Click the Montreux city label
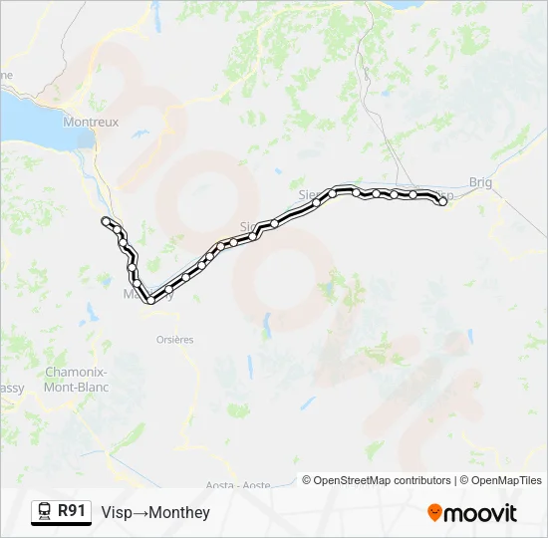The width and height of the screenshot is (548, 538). [x=90, y=123]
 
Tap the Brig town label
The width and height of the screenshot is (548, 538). [x=480, y=182]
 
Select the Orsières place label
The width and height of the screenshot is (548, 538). [x=174, y=340]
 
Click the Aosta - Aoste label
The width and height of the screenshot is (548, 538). [x=240, y=485]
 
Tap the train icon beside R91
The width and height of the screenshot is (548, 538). [x=44, y=512]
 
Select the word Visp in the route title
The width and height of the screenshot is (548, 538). [x=116, y=513]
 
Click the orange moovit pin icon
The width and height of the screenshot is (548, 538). [x=434, y=513]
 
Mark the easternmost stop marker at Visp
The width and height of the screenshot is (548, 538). [x=442, y=201]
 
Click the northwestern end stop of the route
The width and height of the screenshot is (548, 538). [x=106, y=220]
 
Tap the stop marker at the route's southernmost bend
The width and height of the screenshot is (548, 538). [x=150, y=299]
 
